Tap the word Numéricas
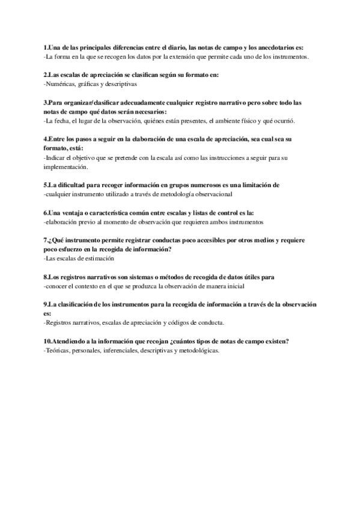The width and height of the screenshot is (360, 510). coord(61,84)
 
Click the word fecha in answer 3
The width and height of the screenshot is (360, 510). coord(63,121)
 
